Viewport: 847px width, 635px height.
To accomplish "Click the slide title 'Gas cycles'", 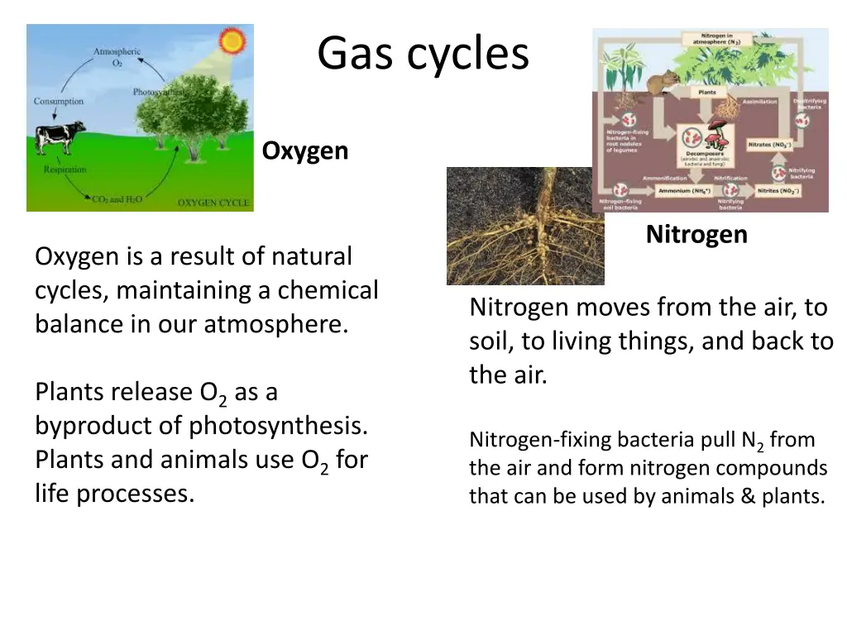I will pyautogui.click(x=423, y=54).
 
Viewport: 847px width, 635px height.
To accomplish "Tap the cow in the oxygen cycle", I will pyautogui.click(x=59, y=137).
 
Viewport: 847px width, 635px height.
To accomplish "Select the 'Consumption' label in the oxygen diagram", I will pyautogui.click(x=58, y=101).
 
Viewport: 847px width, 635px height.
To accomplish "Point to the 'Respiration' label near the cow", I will pyautogui.click(x=65, y=169).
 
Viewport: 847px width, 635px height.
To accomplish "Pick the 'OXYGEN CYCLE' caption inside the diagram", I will pyautogui.click(x=213, y=203).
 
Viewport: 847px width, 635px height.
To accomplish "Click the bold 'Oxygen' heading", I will pyautogui.click(x=305, y=151).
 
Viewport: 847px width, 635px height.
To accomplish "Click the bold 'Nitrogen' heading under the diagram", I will pyautogui.click(x=696, y=235).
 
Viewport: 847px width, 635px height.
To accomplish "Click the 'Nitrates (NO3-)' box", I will pyautogui.click(x=769, y=144).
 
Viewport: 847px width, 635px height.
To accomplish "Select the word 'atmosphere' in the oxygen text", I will pyautogui.click(x=274, y=324).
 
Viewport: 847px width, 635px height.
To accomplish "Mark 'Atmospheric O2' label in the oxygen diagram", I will pyautogui.click(x=116, y=56).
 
